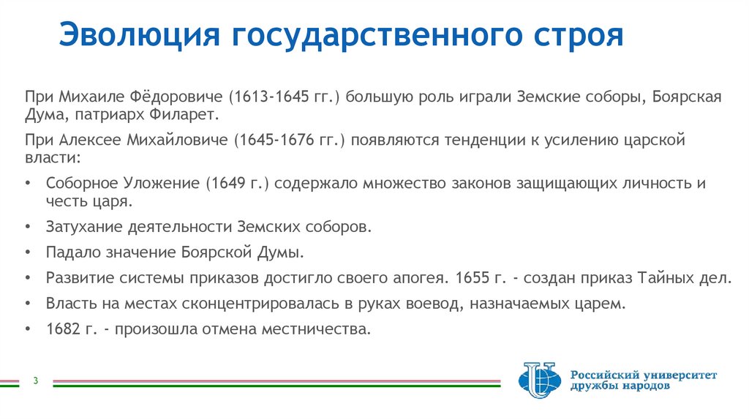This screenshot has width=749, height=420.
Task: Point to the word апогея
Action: (x=420, y=279)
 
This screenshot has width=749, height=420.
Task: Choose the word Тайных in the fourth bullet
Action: (x=662, y=279)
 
